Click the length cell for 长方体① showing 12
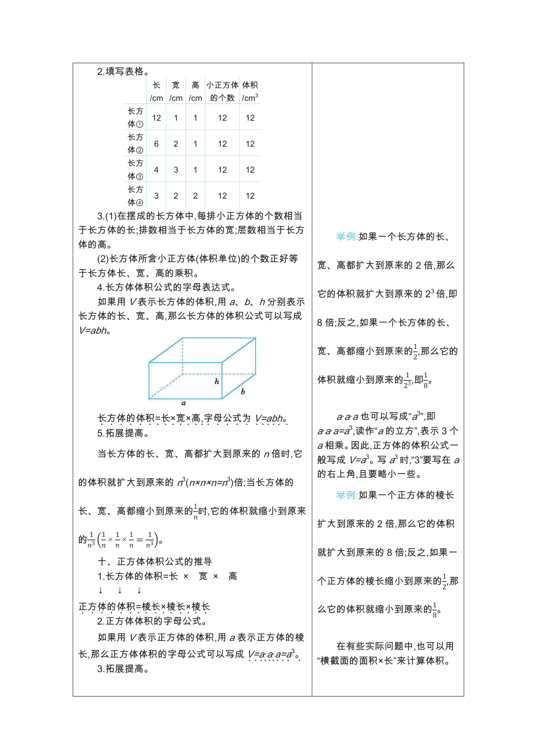pos(156,118)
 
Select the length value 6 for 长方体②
pos(156,144)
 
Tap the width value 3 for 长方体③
pos(176,170)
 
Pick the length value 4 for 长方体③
pos(156,170)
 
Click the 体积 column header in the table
pos(250,91)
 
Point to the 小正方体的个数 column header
pos(222,91)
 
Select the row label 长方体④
pos(135,196)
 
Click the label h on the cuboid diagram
pos(217,381)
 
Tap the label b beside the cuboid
pos(243,391)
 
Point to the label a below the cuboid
pos(184,403)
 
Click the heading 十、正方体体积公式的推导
pos(155,562)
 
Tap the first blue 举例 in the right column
pos(347,237)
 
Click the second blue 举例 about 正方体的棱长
pos(347,495)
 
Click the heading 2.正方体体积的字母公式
pos(152,621)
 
